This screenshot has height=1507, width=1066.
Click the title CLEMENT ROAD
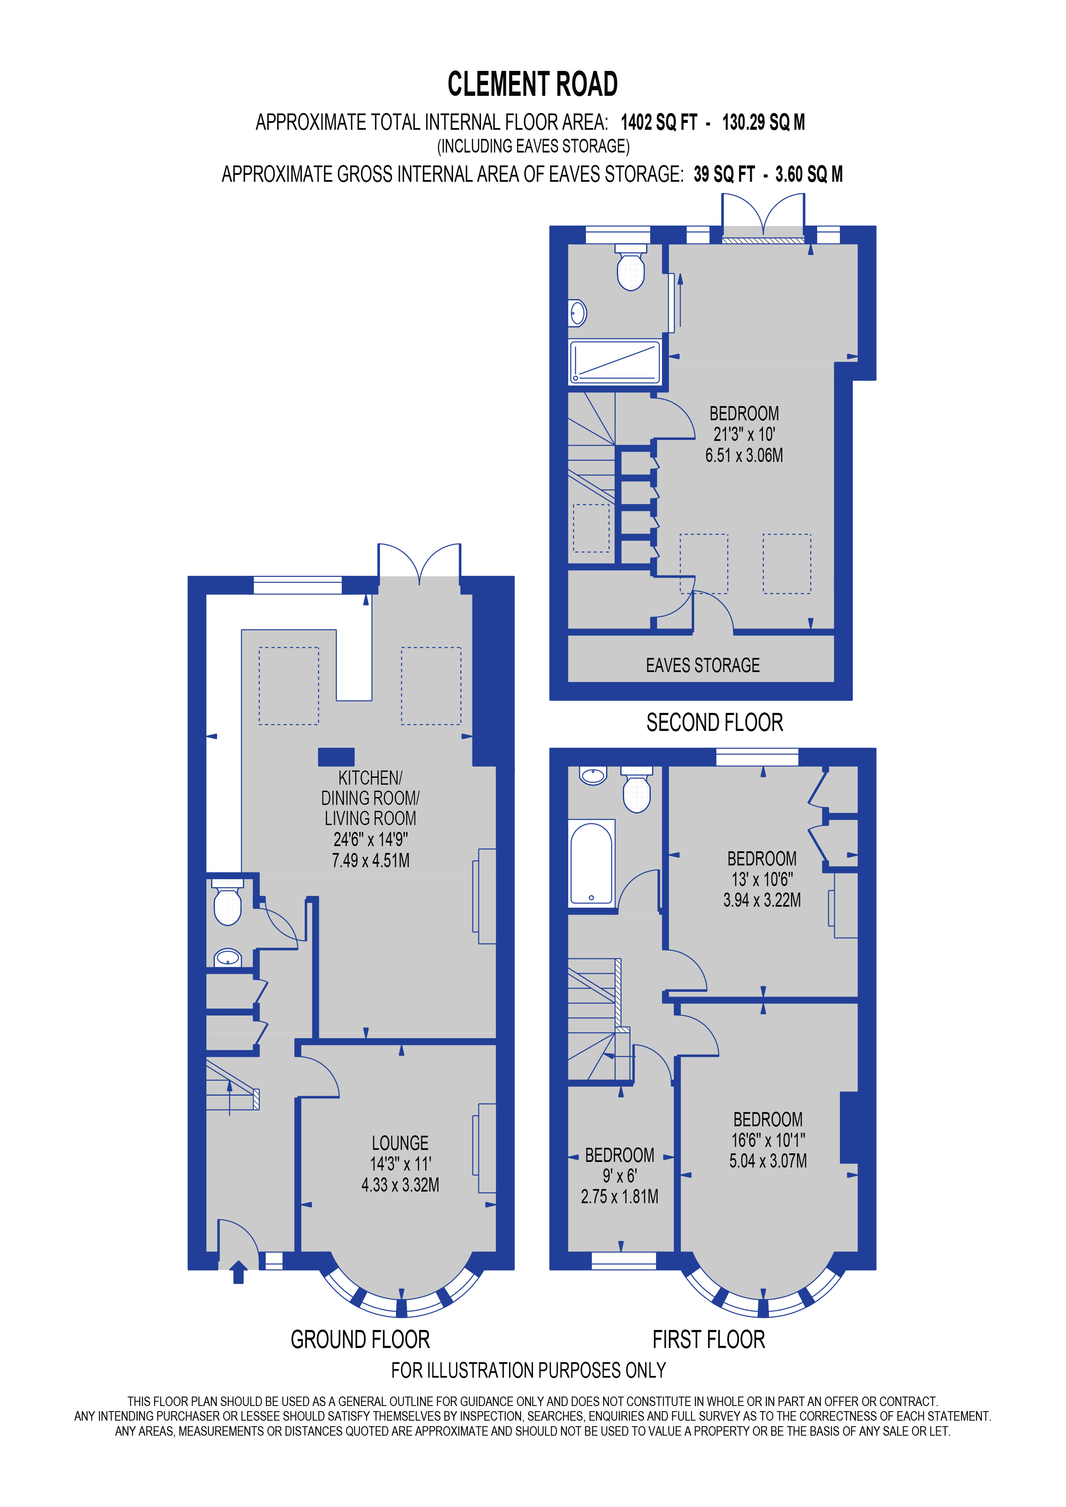point(532,85)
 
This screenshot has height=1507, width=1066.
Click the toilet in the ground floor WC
point(227,904)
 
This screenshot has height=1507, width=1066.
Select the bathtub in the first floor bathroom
point(591,863)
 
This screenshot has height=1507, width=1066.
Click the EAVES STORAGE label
point(702,666)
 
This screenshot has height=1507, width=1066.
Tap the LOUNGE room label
point(400,1143)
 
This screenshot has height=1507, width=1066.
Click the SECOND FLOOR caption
point(714,723)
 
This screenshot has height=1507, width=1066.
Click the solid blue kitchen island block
point(336,757)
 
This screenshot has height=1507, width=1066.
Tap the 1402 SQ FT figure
point(659,123)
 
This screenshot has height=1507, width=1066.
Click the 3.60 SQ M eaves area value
point(809,174)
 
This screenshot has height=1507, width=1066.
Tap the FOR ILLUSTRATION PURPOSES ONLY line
point(528,1370)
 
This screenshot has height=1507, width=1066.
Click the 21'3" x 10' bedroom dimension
point(744,434)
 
